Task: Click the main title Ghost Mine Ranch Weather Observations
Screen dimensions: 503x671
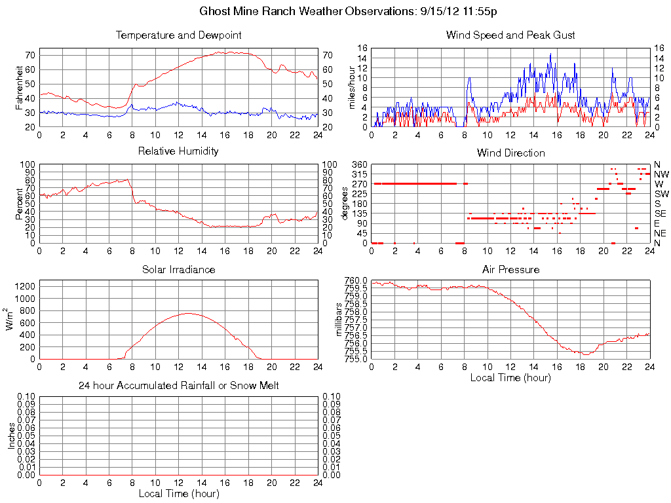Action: pos(352,12)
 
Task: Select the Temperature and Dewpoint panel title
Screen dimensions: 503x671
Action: pos(178,35)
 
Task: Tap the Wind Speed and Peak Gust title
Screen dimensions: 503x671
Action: pos(510,35)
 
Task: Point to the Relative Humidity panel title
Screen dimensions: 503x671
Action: pos(178,151)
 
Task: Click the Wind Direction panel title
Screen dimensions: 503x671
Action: pos(510,153)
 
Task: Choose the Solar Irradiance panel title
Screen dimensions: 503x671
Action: pos(178,269)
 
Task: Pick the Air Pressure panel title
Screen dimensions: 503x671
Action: pos(510,269)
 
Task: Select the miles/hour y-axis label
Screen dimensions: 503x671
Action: pos(352,87)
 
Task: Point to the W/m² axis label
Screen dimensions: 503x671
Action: pos(11,320)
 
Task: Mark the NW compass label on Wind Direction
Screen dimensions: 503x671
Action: pos(661,174)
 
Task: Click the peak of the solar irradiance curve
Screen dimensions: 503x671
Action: pos(188,313)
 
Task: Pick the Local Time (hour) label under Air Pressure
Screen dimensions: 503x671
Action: pos(510,377)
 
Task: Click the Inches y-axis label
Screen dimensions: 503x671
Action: pos(11,436)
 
